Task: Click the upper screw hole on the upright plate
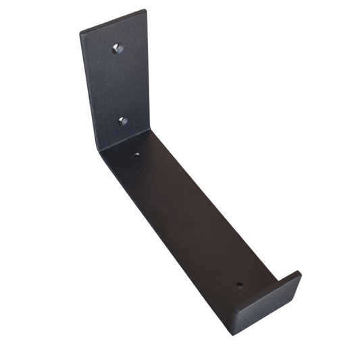[x=116, y=48]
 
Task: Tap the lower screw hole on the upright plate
[x=122, y=121]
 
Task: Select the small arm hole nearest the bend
[x=136, y=155]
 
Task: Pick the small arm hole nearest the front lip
[x=239, y=285]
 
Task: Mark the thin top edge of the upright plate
[x=113, y=21]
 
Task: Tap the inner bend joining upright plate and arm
[x=125, y=139]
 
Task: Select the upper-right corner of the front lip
[x=299, y=273]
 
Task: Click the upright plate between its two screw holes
[x=120, y=84]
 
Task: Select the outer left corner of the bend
[x=100, y=151]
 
